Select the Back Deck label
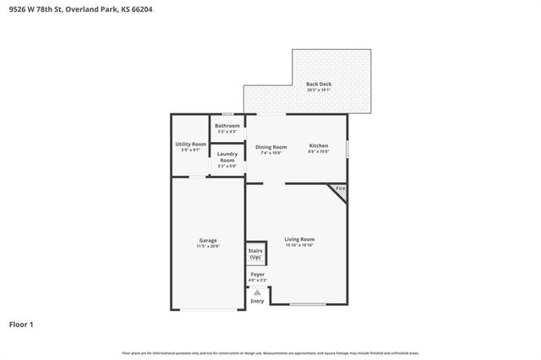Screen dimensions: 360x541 (318, 85)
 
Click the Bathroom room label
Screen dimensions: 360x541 (227, 126)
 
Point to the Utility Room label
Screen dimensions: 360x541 (190, 145)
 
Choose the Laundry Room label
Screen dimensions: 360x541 (227, 156)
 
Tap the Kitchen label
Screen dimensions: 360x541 (318, 146)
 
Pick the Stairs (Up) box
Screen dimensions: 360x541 (254, 254)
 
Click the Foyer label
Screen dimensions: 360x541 (257, 274)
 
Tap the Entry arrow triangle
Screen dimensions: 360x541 (257, 292)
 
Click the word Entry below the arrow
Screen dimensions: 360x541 (257, 301)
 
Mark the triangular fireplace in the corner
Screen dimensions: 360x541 (340, 192)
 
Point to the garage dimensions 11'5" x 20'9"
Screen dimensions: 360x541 (208, 246)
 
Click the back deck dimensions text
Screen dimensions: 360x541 (318, 90)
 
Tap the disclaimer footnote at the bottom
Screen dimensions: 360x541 (270, 352)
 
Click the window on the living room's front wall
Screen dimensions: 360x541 (308, 304)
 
